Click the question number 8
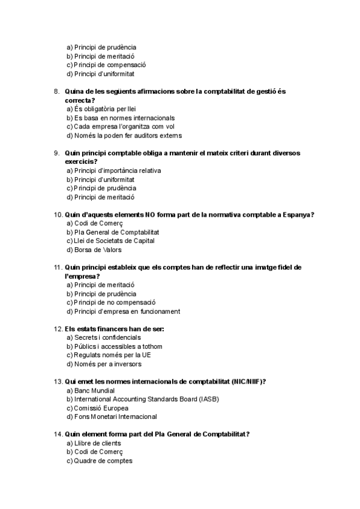tap(56, 91)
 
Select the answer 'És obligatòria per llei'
tap(106, 109)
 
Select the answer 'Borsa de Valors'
tap(97, 250)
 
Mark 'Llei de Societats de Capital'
tap(114, 241)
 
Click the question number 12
tap(58, 329)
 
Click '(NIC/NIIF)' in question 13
tap(248, 382)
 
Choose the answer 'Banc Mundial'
tap(94, 390)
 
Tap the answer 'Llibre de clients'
tap(97, 443)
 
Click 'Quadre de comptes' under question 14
tap(103, 460)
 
